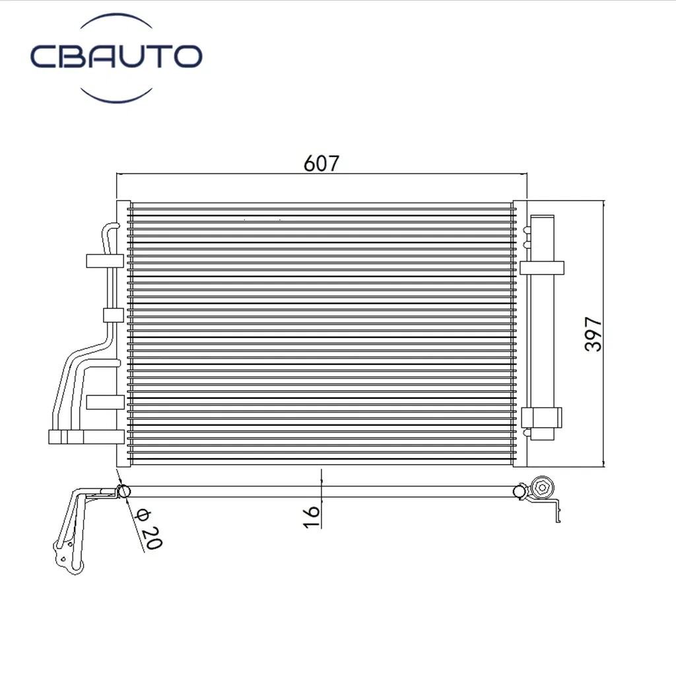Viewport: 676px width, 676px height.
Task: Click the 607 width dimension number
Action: [321, 162]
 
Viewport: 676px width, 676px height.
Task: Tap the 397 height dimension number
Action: [593, 334]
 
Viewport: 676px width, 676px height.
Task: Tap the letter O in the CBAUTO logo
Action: [186, 57]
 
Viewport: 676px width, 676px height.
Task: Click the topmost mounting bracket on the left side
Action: [105, 261]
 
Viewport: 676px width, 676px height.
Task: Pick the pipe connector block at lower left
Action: [66, 436]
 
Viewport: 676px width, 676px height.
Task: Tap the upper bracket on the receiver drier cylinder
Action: [541, 267]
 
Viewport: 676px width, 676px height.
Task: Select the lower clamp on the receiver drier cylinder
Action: [541, 417]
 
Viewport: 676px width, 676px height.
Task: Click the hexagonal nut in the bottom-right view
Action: [543, 488]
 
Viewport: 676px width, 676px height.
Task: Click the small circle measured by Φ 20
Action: [122, 491]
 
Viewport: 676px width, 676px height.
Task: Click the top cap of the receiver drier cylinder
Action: [542, 218]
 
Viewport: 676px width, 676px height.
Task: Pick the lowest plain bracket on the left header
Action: [105, 402]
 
